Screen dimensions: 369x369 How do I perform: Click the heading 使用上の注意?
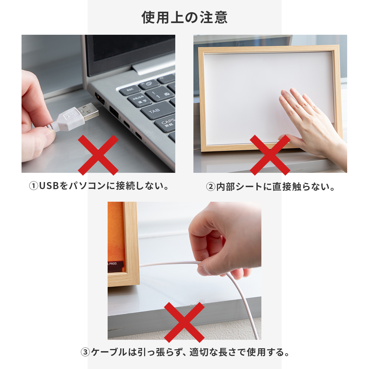pos(184,18)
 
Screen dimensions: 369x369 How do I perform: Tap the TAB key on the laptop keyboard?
pos(158,110)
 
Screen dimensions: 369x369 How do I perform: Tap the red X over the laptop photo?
pos(98,155)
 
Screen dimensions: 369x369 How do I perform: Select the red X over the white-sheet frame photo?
pos(270,155)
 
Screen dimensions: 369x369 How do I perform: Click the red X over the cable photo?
pos(184,323)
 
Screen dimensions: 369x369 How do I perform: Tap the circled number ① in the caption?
pos(34,186)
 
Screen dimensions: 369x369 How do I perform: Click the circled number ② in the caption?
pos(211,187)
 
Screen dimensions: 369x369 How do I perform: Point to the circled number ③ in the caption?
pos(85,352)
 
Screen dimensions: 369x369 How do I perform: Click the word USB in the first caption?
pos(49,186)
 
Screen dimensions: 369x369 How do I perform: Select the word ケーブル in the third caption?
pos(109,352)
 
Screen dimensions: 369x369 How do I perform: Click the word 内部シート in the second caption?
pos(239,187)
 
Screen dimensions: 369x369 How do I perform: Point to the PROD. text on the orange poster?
pos(113,264)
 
